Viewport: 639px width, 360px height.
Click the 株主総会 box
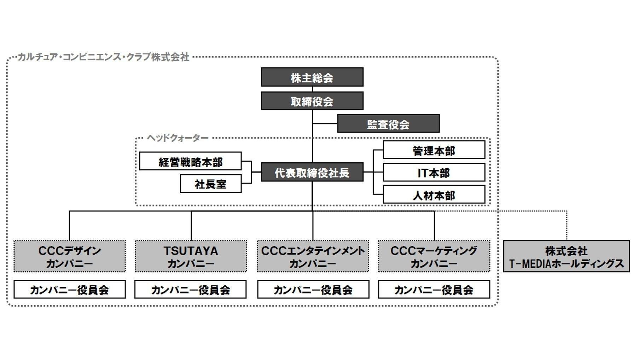[x=312, y=77]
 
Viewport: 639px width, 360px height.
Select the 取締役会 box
[x=312, y=101]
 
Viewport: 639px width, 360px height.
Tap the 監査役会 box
[x=388, y=124]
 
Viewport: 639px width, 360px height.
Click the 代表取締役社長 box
[x=312, y=172]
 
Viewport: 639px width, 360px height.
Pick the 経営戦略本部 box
[x=190, y=161]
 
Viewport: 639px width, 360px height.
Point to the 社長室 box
[x=211, y=184]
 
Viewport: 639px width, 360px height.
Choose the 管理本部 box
[x=434, y=150]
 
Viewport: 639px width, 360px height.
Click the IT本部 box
[x=434, y=173]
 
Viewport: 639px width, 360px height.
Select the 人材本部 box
[x=434, y=195]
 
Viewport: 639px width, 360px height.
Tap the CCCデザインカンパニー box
[x=69, y=256]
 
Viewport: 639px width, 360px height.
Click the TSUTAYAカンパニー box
[x=191, y=256]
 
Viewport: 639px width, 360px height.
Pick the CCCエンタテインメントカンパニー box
[x=313, y=256]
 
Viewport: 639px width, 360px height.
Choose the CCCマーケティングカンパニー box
[x=434, y=256]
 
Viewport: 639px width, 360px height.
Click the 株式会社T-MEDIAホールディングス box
[x=566, y=256]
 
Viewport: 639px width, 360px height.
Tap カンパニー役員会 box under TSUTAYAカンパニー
[x=190, y=289]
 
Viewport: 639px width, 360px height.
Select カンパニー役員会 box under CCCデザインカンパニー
[x=69, y=289]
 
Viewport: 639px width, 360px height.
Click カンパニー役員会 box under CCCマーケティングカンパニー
[x=434, y=289]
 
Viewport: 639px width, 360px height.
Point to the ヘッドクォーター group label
[x=178, y=138]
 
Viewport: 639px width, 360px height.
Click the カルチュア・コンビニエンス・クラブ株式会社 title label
[x=103, y=57]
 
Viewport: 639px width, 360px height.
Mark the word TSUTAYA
[x=191, y=251]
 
